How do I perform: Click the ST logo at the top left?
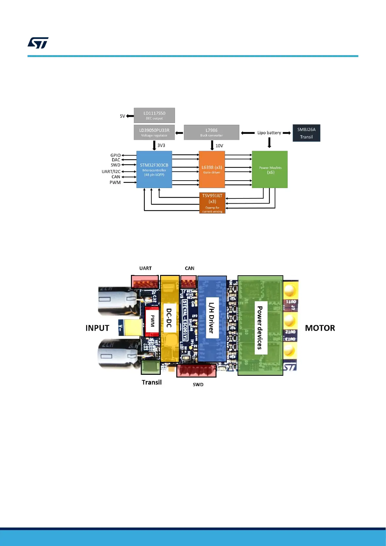pos(38,43)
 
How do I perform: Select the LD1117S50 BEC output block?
pos(154,115)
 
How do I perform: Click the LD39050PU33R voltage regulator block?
pos(154,132)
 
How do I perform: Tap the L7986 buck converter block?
pos(211,132)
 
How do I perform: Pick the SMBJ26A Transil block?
pos(306,133)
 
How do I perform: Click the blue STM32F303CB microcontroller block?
pos(154,169)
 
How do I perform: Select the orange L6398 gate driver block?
pos(212,169)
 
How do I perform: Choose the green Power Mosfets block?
pos(270,169)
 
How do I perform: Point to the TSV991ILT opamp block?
pos(212,203)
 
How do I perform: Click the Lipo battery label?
pos(269,133)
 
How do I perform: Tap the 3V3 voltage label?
pos(161,146)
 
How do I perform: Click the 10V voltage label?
pos(219,146)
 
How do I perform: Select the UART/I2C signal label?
pos(111,172)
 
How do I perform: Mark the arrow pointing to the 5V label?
pos(130,116)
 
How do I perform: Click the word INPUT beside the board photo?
pos(97,328)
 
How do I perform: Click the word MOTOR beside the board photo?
pos(320,328)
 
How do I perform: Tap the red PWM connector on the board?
pos(152,321)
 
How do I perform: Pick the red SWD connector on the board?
pos(196,370)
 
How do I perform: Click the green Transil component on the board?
pos(151,367)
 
